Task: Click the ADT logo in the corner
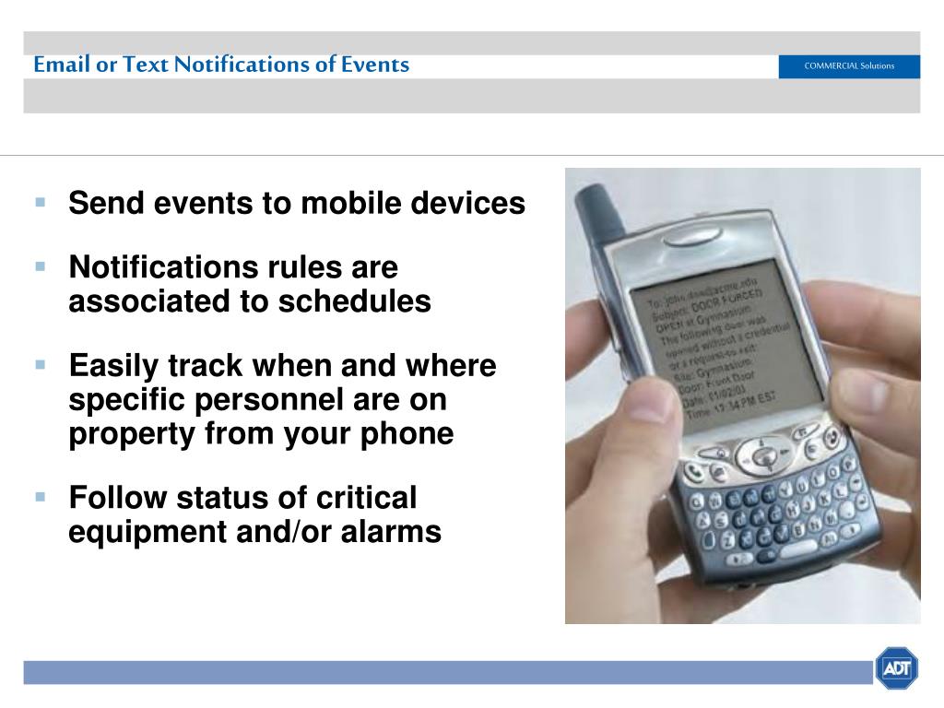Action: pos(896,668)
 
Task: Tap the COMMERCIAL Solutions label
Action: pos(848,66)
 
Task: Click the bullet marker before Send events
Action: pos(41,201)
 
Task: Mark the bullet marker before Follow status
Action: pos(41,496)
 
